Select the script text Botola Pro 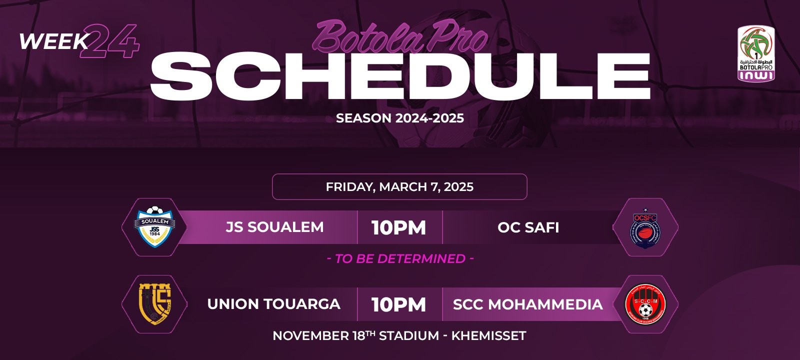tap(400, 36)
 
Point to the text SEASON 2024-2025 tap(400, 118)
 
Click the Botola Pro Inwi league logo tap(756, 53)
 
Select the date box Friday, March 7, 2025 tap(399, 187)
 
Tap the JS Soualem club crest tap(155, 227)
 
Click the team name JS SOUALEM tap(274, 227)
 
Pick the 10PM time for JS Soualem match tap(399, 228)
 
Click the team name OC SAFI tap(528, 227)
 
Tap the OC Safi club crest tap(645, 227)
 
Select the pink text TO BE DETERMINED tap(400, 258)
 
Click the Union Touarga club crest tap(154, 304)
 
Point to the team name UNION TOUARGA tap(273, 304)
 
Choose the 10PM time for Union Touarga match tap(399, 305)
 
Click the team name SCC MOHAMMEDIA tap(528, 304)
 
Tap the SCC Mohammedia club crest tap(645, 304)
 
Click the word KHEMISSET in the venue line tap(488, 336)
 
